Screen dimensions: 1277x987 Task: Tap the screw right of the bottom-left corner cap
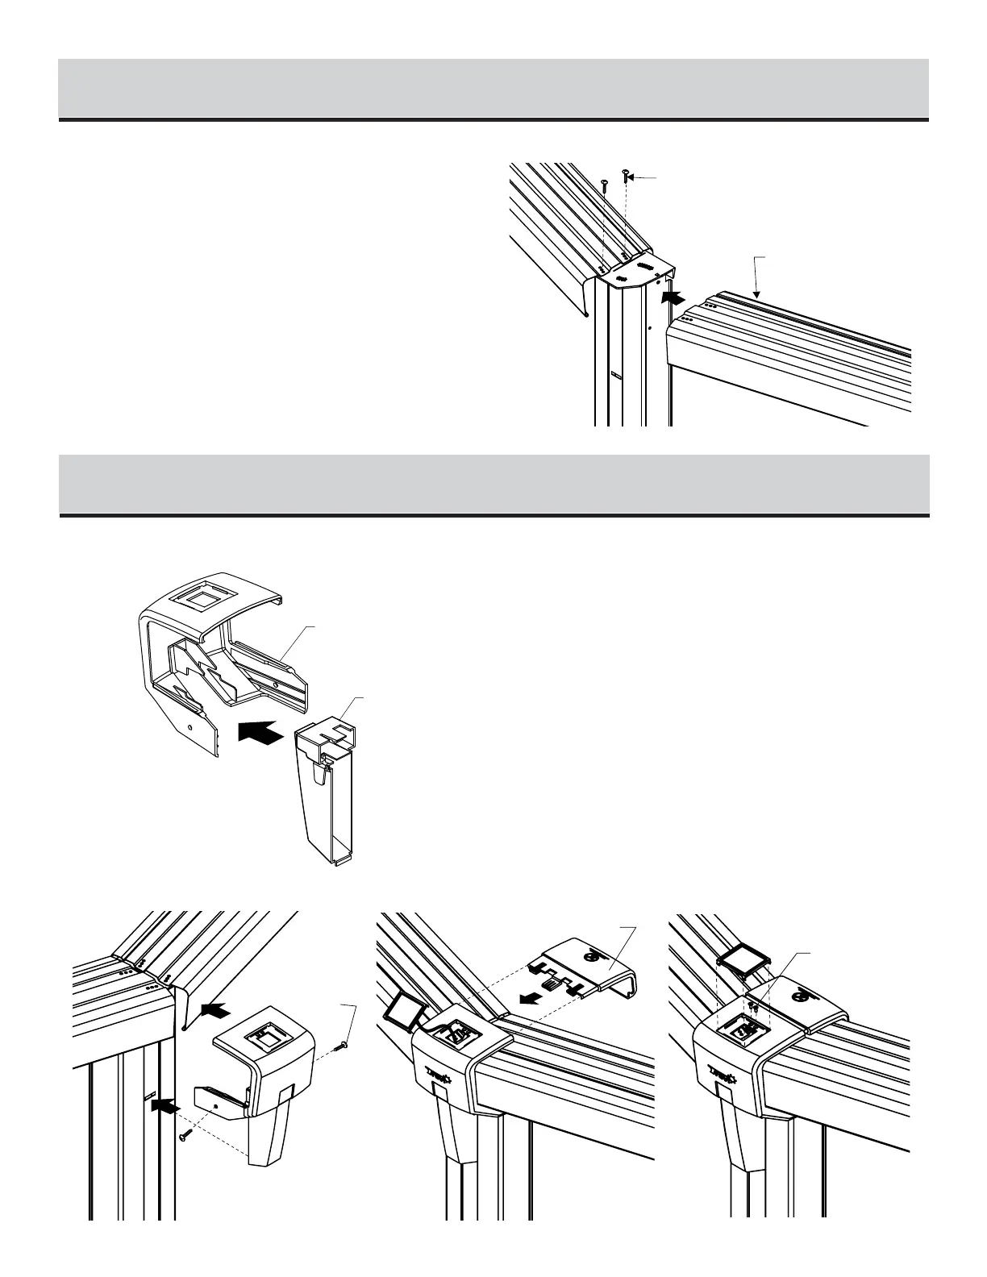click(342, 1046)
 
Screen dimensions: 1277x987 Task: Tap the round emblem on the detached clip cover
click(593, 956)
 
